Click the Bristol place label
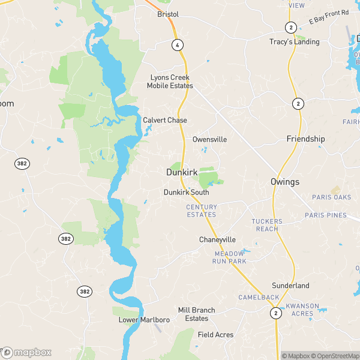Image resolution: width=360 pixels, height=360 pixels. (168, 14)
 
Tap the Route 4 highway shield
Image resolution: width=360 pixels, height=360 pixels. (177, 45)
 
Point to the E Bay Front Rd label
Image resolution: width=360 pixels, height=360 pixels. (329, 17)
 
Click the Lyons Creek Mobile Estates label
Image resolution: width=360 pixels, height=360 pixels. (170, 82)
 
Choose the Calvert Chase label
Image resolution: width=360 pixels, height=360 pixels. (165, 120)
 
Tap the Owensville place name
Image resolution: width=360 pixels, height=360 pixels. (209, 139)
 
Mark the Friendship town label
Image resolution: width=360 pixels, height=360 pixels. (305, 139)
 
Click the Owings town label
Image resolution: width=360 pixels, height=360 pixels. (285, 182)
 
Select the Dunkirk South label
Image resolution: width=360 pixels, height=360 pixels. (187, 193)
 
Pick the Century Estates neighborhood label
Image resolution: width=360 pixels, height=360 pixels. (202, 211)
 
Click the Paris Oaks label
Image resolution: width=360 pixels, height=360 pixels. (331, 197)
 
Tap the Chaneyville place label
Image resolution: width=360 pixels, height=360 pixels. (217, 240)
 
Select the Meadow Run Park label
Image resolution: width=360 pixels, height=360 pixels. (230, 257)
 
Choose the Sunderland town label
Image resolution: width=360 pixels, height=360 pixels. (290, 286)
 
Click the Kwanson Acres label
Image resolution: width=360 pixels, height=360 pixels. (302, 310)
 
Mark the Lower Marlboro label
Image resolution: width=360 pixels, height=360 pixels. (144, 320)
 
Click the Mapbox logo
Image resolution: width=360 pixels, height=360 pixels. (26, 352)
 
